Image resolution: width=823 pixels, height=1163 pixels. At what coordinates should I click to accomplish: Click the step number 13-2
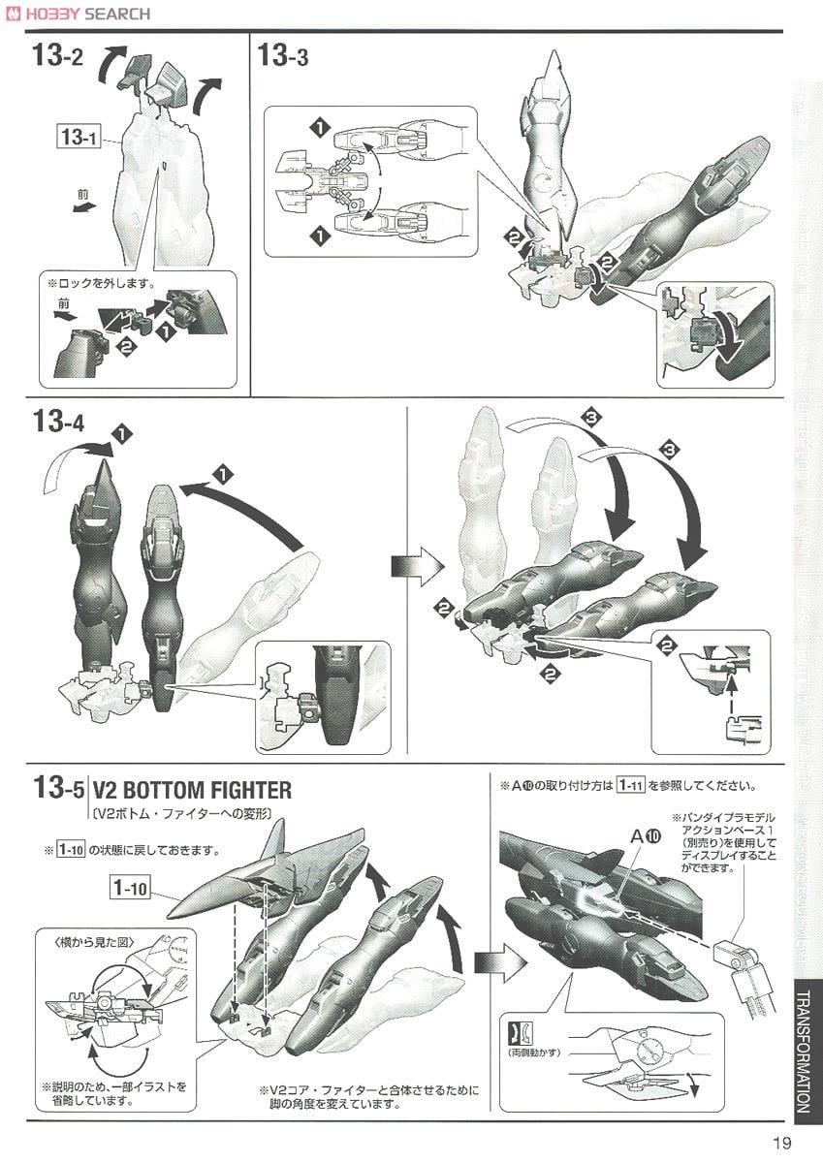point(58,56)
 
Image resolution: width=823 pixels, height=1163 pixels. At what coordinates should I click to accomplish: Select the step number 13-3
point(283,56)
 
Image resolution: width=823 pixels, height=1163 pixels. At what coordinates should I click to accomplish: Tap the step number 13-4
point(58,424)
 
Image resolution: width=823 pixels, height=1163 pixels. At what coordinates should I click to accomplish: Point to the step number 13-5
point(58,789)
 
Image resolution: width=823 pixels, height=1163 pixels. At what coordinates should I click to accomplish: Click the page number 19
point(782,1142)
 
